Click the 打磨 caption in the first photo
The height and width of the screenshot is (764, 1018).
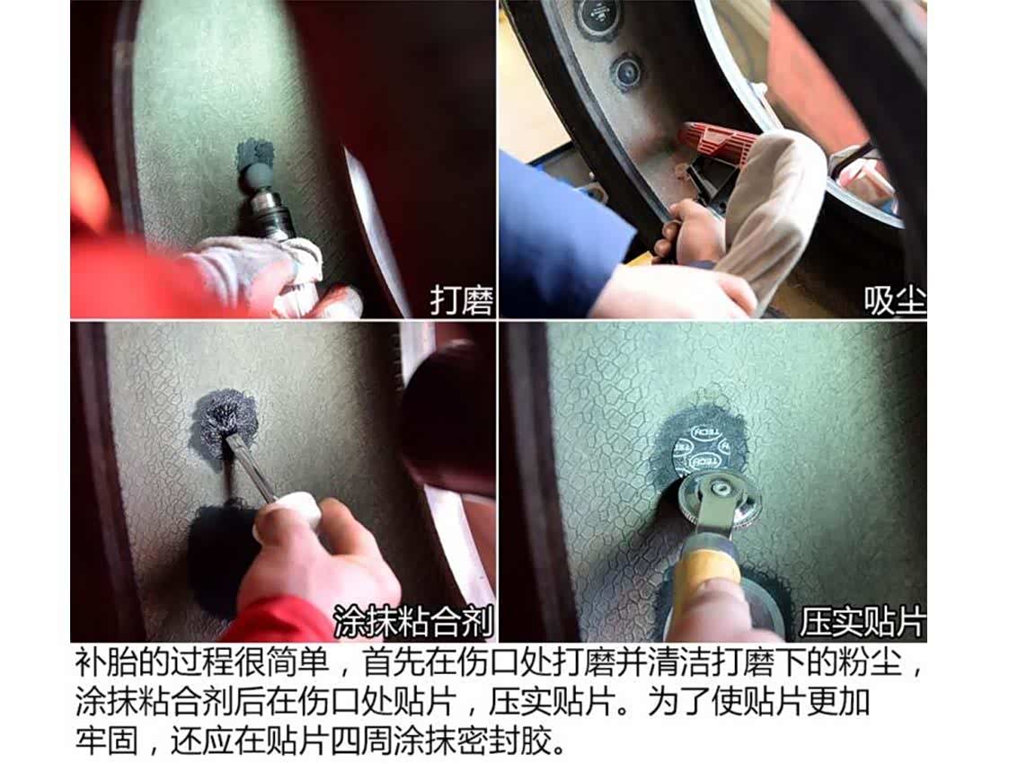[462, 300]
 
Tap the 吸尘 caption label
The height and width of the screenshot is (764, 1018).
[894, 300]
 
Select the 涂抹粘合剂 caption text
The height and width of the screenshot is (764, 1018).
[413, 622]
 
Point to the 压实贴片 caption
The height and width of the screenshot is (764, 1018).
[863, 622]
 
